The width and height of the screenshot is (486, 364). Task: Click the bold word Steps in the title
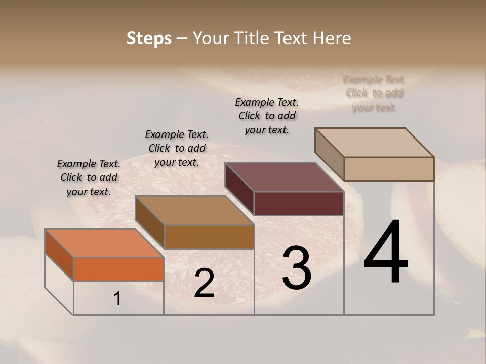coord(149,38)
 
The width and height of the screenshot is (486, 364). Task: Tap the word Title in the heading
coord(252,38)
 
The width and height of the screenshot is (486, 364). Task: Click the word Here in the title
coord(332,38)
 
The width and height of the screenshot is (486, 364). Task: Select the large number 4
coord(386,253)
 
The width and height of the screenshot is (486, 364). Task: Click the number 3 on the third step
coord(296,268)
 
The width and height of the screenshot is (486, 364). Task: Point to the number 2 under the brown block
coord(204,283)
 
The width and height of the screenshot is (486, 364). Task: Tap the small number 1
coord(117,298)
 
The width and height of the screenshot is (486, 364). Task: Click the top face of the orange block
coord(104,243)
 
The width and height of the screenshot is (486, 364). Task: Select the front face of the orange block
coord(118,269)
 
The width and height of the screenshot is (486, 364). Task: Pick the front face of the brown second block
coord(209,237)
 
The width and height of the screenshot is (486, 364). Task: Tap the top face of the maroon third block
coord(284,177)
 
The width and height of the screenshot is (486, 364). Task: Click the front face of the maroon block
coord(299,203)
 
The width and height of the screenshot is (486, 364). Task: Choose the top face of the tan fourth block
coord(375,142)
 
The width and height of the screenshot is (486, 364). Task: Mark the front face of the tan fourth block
coord(389,169)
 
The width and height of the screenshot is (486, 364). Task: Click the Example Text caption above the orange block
coord(89,177)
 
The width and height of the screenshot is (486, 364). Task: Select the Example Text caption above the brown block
coord(177,148)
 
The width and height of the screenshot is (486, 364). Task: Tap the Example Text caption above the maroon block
coord(267,116)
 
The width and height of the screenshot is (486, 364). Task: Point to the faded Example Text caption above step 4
coord(375,94)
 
